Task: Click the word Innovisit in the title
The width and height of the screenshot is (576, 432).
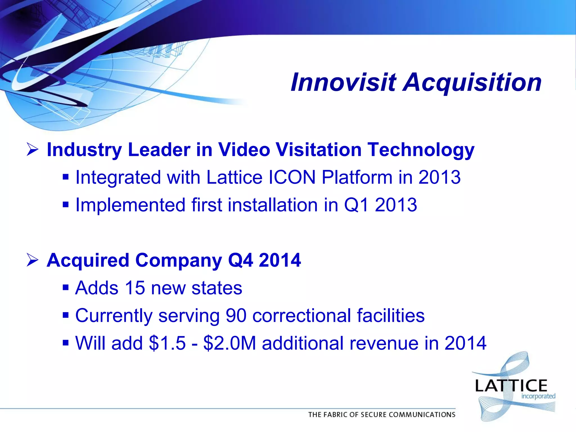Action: coord(343,82)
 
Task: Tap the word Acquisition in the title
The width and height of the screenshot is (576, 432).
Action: coord(472,82)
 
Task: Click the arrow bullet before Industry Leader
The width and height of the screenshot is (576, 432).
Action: coord(32,149)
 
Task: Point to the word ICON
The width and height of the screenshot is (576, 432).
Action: coord(292,177)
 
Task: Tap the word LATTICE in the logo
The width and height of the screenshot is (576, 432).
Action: coord(511,386)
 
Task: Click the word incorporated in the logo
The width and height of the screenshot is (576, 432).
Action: coord(538,396)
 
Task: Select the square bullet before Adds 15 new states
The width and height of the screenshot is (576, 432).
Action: coord(66,288)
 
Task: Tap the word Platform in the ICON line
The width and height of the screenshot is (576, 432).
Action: coord(357,177)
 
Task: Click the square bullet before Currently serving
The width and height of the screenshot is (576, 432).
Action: coord(66,315)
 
